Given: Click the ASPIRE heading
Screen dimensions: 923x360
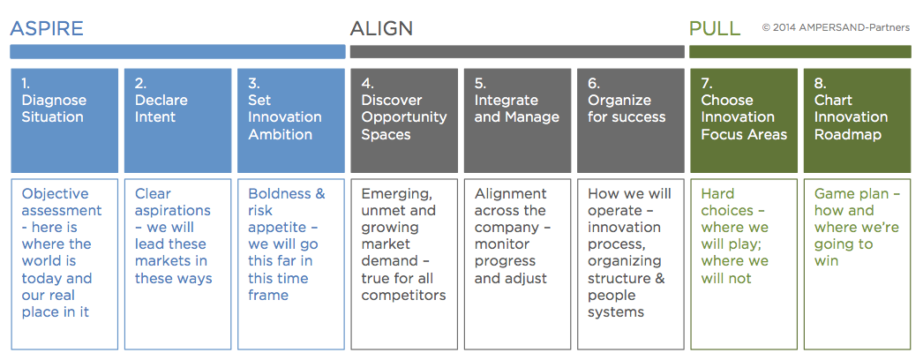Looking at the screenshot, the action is pyautogui.click(x=47, y=28).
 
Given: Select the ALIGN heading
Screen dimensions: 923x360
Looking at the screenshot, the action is pyautogui.click(x=381, y=28).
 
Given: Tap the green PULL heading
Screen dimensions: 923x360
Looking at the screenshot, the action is pyautogui.click(x=715, y=28).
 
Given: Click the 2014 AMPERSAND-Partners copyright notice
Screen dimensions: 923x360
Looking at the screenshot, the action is pyautogui.click(x=836, y=27).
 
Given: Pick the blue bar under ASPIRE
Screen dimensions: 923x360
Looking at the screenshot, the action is pyautogui.click(x=177, y=52).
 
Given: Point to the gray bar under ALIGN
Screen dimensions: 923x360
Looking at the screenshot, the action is pyautogui.click(x=517, y=52).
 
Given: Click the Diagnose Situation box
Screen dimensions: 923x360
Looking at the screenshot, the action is pyautogui.click(x=64, y=121).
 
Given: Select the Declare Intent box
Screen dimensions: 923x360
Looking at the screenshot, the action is pyautogui.click(x=177, y=121).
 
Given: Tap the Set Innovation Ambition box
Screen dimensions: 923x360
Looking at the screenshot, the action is pyautogui.click(x=291, y=121).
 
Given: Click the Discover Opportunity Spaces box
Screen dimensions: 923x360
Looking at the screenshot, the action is pyautogui.click(x=404, y=121).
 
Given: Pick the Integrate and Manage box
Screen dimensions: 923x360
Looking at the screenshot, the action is pyautogui.click(x=517, y=121).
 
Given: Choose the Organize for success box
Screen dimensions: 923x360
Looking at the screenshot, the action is pyautogui.click(x=630, y=121).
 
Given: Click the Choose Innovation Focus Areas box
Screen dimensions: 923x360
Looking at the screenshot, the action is pyautogui.click(x=744, y=121).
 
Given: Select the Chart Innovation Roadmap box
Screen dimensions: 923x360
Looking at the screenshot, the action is pyautogui.click(x=857, y=121).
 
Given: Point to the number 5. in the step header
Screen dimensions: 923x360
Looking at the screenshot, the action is pyautogui.click(x=480, y=83).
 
